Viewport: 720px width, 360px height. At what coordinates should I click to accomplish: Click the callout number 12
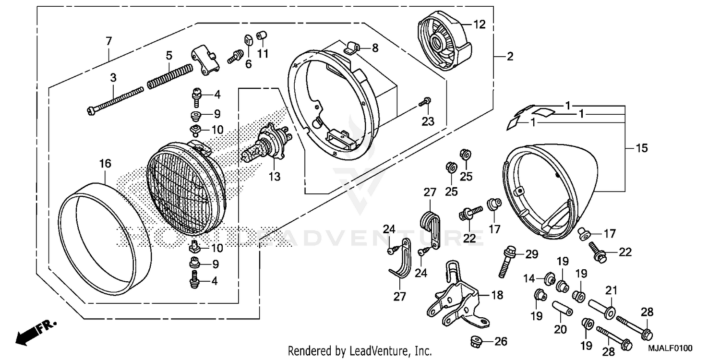[x=480, y=24]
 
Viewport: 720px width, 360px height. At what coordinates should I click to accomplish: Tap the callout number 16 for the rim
[x=105, y=164]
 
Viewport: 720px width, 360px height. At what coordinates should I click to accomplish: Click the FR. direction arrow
[x=35, y=332]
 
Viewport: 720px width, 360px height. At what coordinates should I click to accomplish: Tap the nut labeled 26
[x=475, y=341]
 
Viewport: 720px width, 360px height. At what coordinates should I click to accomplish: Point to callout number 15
[x=641, y=148]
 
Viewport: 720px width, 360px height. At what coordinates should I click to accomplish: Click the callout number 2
[x=509, y=57]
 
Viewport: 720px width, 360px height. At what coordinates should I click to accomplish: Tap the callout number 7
[x=109, y=41]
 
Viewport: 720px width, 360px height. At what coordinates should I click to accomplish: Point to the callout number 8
[x=375, y=48]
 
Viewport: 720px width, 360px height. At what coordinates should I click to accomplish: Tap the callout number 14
[x=528, y=278]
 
